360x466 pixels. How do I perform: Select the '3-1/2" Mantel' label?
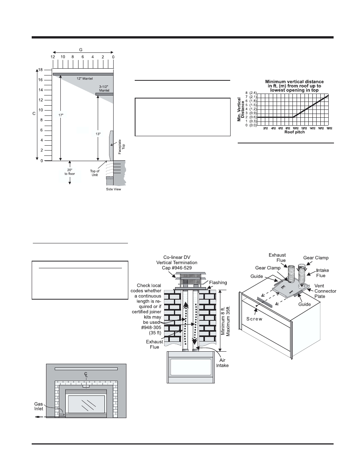point(103,89)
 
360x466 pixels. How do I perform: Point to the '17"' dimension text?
point(62,115)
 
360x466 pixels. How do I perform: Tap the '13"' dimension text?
point(97,134)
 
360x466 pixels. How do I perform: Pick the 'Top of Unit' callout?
point(95,173)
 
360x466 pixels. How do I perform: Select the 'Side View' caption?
point(113,189)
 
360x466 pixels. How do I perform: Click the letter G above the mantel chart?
point(80,49)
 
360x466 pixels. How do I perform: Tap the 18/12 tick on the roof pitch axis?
point(329,128)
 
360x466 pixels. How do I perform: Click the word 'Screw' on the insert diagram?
point(254,319)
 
